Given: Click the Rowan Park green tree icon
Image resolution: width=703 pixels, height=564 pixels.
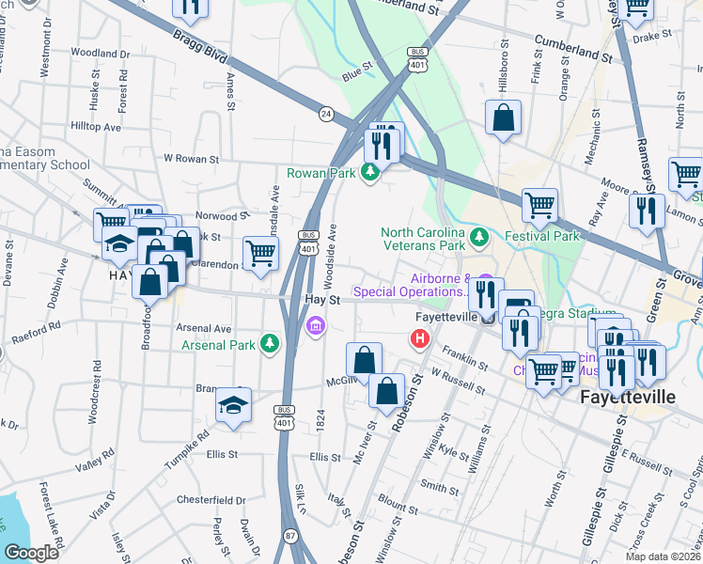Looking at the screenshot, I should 371,172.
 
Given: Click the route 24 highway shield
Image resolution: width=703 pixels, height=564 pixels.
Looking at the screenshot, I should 325,112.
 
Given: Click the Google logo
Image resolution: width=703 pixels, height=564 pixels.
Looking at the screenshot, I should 30,553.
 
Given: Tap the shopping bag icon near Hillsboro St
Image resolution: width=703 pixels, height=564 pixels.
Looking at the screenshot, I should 504,118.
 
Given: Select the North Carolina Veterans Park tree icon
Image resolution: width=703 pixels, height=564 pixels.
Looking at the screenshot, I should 479,235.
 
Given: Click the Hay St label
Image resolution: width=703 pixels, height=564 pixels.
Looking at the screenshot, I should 322,298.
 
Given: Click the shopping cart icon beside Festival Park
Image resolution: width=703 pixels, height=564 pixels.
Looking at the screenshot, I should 539,204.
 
